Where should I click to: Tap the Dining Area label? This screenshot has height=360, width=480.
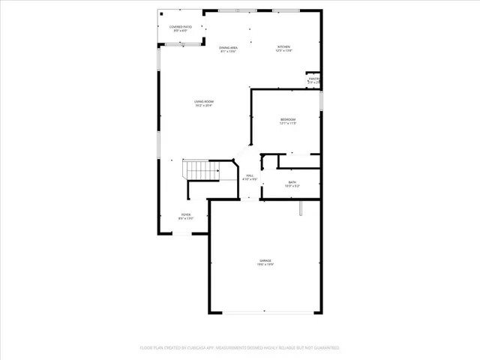click(229, 48)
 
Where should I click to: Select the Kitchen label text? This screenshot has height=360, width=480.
click(284, 46)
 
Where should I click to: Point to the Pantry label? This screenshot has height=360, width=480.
click(314, 79)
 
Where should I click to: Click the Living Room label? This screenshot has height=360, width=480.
click(203, 101)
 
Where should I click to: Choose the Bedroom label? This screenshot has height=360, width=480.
click(288, 119)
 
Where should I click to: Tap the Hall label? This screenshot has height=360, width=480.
click(250, 175)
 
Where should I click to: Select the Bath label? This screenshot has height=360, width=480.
click(292, 182)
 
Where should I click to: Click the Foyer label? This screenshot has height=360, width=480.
click(184, 214)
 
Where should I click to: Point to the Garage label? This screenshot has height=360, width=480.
click(265, 260)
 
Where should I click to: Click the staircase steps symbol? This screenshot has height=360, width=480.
click(200, 171)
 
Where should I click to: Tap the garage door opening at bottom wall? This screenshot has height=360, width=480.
click(265, 313)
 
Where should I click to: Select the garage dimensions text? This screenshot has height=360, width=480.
click(265, 265)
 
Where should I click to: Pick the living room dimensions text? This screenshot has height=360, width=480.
click(203, 106)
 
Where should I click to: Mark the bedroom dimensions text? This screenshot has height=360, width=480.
click(288, 124)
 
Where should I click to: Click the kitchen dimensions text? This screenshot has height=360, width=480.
click(284, 51)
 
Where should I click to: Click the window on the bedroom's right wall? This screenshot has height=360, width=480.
click(322, 100)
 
